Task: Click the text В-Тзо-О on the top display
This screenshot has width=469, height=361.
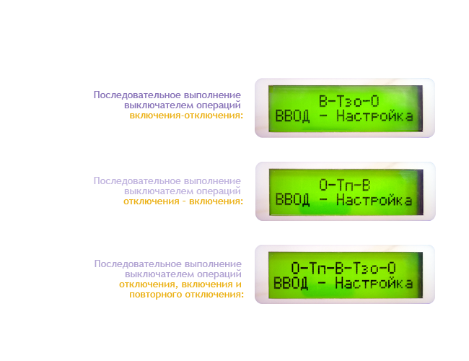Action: click(x=349, y=101)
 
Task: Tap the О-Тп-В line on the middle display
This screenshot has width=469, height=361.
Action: click(x=345, y=185)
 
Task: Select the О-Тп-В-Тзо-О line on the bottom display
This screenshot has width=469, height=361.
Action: click(x=343, y=268)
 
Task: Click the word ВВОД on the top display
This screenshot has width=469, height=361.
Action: click(x=292, y=116)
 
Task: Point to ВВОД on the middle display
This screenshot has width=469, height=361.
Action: click(x=292, y=200)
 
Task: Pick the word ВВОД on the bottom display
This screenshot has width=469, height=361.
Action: click(x=291, y=283)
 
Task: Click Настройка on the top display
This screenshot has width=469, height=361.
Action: click(x=374, y=116)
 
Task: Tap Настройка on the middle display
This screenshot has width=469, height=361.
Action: click(x=374, y=200)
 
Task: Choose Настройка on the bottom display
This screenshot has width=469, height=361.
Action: click(x=374, y=283)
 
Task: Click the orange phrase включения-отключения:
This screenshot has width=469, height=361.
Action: click(x=186, y=116)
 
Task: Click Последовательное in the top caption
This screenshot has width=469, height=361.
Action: click(x=137, y=95)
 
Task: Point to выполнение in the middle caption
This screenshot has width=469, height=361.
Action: click(x=212, y=181)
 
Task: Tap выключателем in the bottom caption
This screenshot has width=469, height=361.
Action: click(x=159, y=274)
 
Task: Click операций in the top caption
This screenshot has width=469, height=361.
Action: click(x=219, y=105)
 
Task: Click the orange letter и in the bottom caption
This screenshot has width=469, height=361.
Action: click(x=239, y=284)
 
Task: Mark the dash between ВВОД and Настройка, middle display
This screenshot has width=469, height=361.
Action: click(x=323, y=200)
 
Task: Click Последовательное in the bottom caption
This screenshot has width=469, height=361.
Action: click(x=138, y=264)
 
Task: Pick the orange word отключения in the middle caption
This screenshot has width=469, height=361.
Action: click(x=152, y=201)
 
